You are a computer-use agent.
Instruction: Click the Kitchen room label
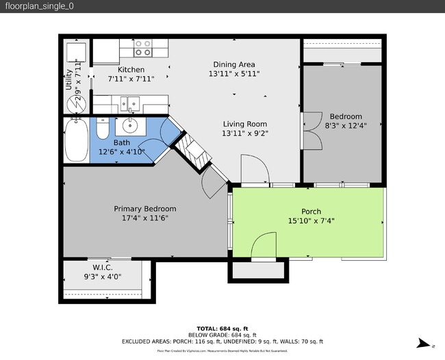click(x=131, y=70)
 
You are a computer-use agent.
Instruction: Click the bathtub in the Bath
click(x=76, y=140)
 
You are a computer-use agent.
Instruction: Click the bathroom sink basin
click(x=128, y=126)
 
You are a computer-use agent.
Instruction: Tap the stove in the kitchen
click(x=143, y=47)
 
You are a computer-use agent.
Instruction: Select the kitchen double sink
click(x=129, y=104)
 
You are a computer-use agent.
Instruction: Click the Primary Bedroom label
click(x=144, y=209)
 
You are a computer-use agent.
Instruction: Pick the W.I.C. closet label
click(x=103, y=268)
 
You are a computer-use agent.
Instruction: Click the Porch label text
click(x=311, y=211)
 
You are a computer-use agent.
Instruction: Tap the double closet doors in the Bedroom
click(x=311, y=131)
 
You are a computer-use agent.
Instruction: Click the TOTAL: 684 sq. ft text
click(x=222, y=328)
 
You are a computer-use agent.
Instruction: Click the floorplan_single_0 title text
click(x=39, y=6)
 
